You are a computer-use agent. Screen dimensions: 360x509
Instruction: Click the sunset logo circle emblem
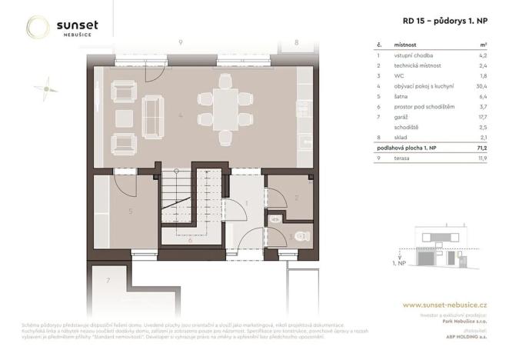[x=38, y=28]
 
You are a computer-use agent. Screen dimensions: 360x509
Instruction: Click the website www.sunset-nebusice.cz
[x=444, y=305]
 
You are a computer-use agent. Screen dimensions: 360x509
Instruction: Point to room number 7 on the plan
[x=108, y=279]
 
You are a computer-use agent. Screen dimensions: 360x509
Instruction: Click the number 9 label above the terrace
[x=180, y=43]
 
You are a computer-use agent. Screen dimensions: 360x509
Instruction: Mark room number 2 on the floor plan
[x=297, y=198]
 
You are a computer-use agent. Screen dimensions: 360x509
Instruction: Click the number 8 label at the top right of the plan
[x=297, y=43]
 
